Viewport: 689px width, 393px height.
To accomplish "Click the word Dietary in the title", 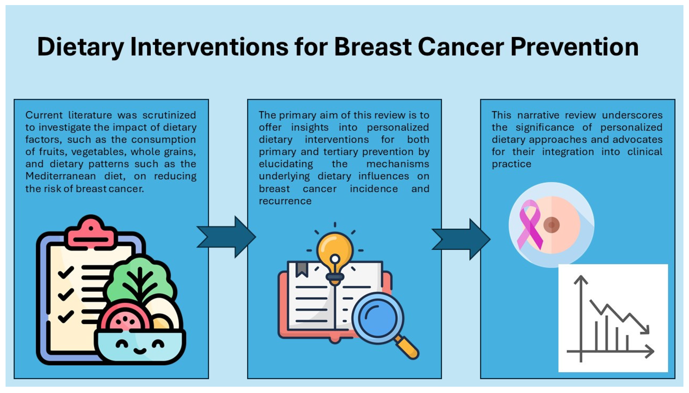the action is [81, 47].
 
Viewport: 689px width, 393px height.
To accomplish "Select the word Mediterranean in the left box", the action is [61, 176].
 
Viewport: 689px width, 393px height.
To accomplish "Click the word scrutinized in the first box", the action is [169, 115].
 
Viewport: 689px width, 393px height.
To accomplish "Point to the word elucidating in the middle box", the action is [286, 164].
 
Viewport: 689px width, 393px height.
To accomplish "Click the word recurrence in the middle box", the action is [285, 201].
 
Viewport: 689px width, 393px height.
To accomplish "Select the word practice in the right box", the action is [511, 164].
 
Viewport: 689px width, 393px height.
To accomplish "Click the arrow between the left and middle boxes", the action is [226, 237].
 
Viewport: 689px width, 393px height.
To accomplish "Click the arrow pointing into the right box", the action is [461, 239].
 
